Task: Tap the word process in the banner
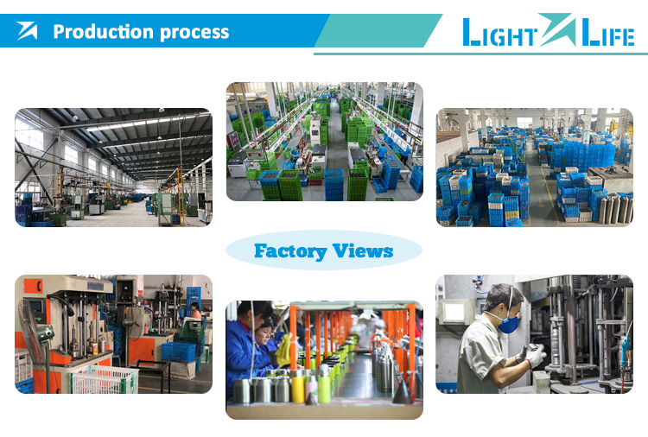(194, 33)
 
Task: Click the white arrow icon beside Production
(28, 31)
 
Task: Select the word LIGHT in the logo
(500, 33)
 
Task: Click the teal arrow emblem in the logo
(557, 28)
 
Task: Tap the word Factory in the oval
(290, 251)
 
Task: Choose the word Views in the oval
(363, 250)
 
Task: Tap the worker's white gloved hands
(532, 354)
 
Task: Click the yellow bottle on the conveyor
(298, 387)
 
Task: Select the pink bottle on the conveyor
(312, 388)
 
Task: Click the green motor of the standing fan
(46, 332)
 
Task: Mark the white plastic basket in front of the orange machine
(105, 379)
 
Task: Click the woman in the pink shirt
(195, 311)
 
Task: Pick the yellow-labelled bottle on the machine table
(95, 347)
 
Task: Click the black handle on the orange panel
(39, 286)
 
